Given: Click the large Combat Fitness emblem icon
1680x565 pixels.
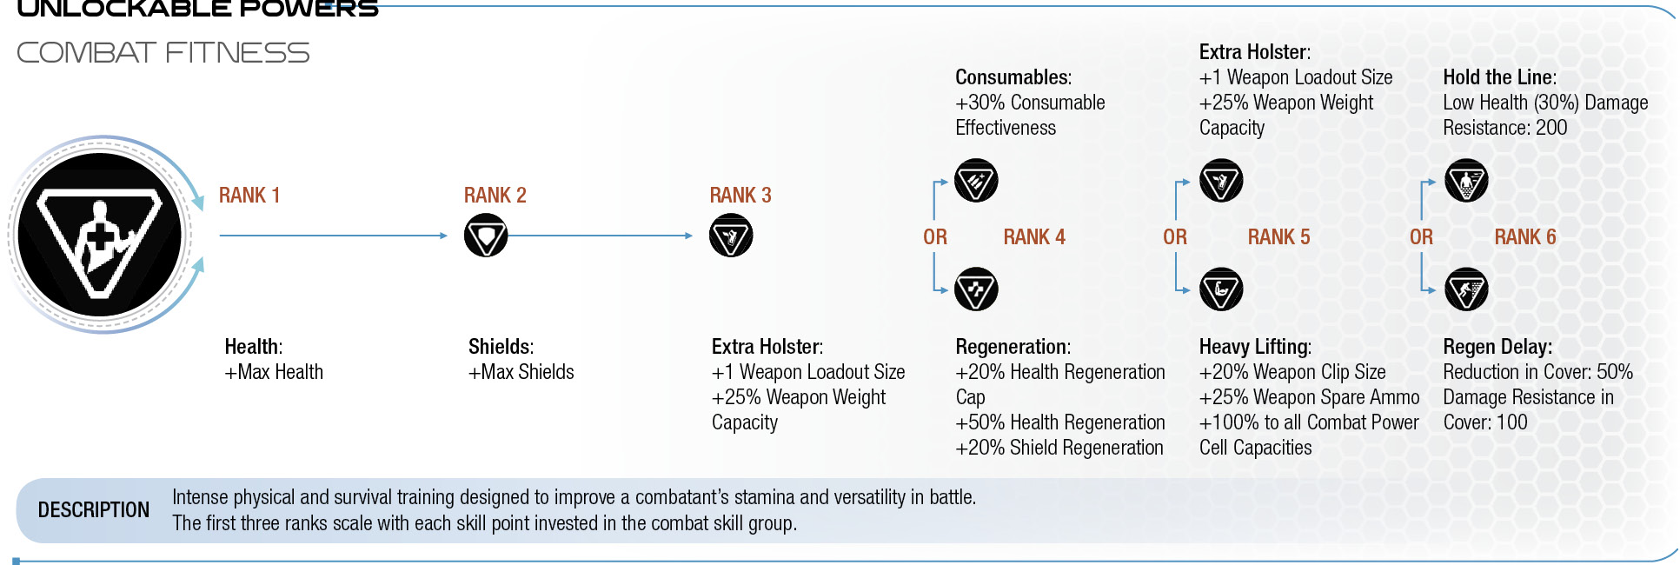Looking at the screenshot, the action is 100,235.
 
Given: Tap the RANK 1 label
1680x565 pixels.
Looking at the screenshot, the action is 249,196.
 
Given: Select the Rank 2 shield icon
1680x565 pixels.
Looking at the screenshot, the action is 486,236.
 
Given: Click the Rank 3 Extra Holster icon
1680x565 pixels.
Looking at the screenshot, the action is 731,236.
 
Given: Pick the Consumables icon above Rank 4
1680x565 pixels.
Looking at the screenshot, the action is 976,181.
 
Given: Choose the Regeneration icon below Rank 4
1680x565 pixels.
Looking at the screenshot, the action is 976,289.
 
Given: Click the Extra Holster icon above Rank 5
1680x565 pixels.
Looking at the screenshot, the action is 1221,181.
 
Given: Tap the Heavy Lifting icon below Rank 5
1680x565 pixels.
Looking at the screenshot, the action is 1221,289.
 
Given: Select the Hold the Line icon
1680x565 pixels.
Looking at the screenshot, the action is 1466,181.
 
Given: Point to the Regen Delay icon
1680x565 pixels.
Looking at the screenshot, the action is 1466,289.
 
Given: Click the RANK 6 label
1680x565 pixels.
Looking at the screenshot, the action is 1525,237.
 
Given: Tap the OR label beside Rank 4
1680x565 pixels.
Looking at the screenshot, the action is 935,237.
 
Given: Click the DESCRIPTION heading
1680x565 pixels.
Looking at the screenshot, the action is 94,510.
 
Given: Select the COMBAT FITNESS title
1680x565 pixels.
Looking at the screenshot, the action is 163,53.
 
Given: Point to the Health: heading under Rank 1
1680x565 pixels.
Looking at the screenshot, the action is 254,347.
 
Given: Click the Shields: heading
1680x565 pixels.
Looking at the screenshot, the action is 501,347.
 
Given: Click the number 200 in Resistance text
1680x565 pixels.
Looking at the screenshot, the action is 1551,128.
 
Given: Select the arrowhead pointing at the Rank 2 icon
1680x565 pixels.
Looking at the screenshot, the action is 443,236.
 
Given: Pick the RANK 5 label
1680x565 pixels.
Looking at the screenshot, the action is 1279,237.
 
